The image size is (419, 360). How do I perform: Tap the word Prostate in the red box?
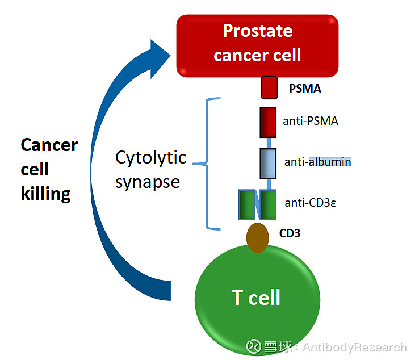[x=257, y=31]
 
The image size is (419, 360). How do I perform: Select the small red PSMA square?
[x=269, y=88]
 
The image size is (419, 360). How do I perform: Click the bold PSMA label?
[x=305, y=89]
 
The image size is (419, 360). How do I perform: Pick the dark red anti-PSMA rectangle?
[x=267, y=123]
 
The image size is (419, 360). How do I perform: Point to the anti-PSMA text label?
[x=311, y=121]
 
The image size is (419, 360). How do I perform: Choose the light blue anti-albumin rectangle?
[x=268, y=164]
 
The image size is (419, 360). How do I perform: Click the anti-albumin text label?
[x=317, y=162]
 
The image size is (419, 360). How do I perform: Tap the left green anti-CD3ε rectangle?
[x=248, y=205]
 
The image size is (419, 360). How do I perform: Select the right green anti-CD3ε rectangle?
[x=268, y=205]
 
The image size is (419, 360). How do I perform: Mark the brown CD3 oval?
[x=257, y=237]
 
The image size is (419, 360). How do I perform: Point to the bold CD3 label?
[x=289, y=233]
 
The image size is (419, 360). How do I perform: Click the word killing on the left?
[x=46, y=194]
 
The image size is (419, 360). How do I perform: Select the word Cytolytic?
[x=151, y=157]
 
